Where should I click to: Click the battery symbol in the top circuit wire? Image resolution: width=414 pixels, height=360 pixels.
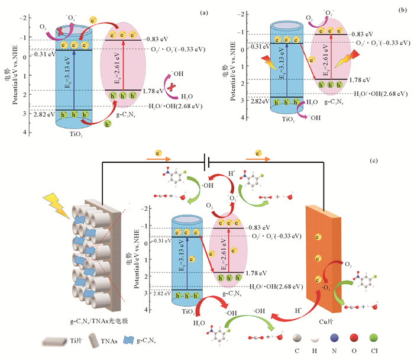pos(206,160)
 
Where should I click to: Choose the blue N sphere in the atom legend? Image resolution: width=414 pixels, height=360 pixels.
pos(335,337)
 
